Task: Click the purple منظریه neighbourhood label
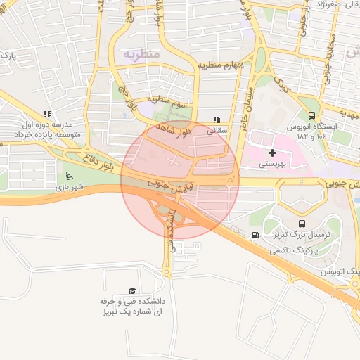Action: point(143,54)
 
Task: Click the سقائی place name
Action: point(217,131)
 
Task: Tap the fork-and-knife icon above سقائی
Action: point(217,120)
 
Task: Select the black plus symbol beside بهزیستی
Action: point(273,153)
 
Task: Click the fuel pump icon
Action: point(255,236)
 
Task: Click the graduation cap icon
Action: point(132,290)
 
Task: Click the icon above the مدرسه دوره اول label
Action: point(47,113)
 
